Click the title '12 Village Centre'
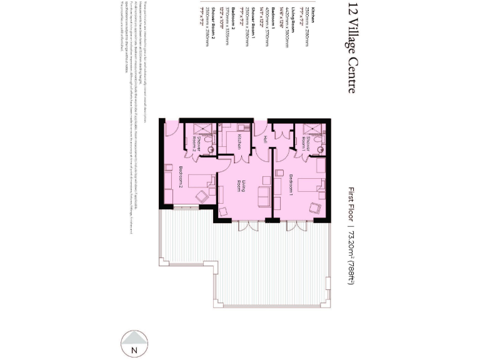tap(351, 47)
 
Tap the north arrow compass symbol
tap(132, 343)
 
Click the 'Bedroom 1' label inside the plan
tap(292, 186)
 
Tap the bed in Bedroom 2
tap(199, 179)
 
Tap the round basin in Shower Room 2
tap(210, 149)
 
